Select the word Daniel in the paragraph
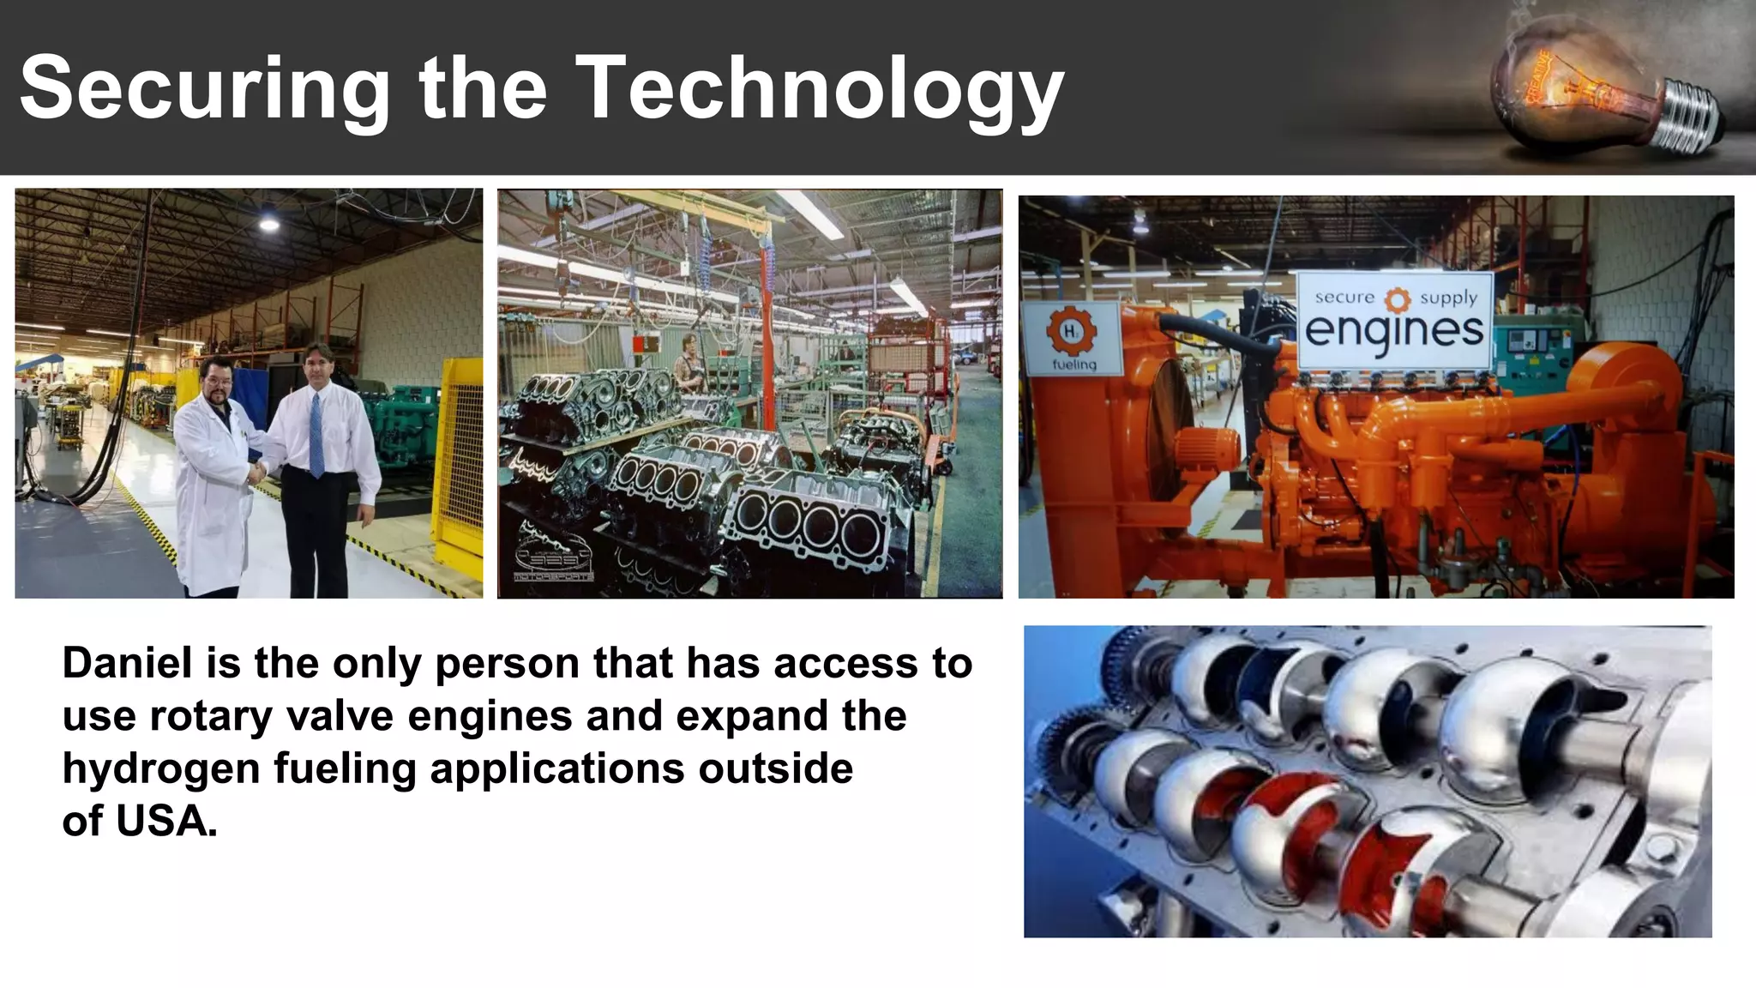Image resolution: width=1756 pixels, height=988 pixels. coord(127,663)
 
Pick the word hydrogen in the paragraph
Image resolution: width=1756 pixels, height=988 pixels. coord(160,768)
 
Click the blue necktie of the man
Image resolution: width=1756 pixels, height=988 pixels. coord(316,434)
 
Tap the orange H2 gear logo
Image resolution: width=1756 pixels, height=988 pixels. coord(1071,331)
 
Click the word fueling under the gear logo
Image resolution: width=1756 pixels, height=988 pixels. coord(1074,364)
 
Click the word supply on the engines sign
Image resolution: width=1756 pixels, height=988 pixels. coord(1448,298)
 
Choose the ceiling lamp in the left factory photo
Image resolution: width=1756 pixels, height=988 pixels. coord(269,224)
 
